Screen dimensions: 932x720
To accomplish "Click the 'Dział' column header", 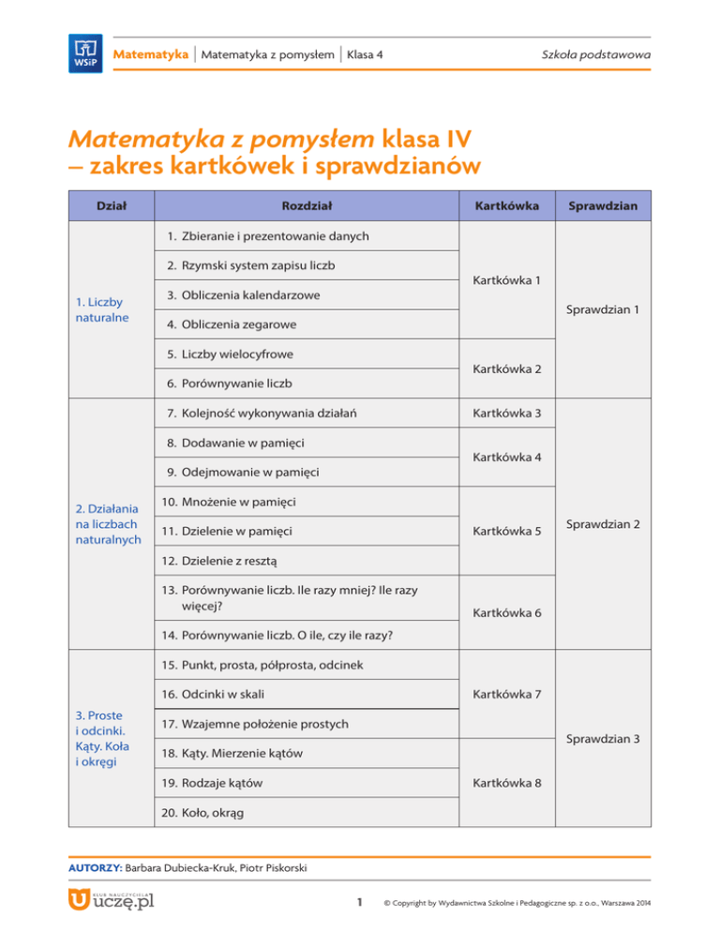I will tap(112, 203).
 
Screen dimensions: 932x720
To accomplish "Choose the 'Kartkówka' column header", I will tap(506, 203).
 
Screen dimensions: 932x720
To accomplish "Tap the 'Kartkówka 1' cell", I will tap(506, 279).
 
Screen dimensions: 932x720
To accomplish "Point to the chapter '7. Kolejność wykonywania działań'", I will tap(262, 413).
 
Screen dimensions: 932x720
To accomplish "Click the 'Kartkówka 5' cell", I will tap(506, 532).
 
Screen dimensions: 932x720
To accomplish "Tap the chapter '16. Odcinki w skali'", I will tap(213, 694).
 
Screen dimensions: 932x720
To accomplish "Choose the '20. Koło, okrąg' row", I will tap(202, 812).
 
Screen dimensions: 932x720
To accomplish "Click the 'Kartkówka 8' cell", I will tap(506, 783).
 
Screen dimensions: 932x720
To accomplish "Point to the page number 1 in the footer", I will tap(361, 902).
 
